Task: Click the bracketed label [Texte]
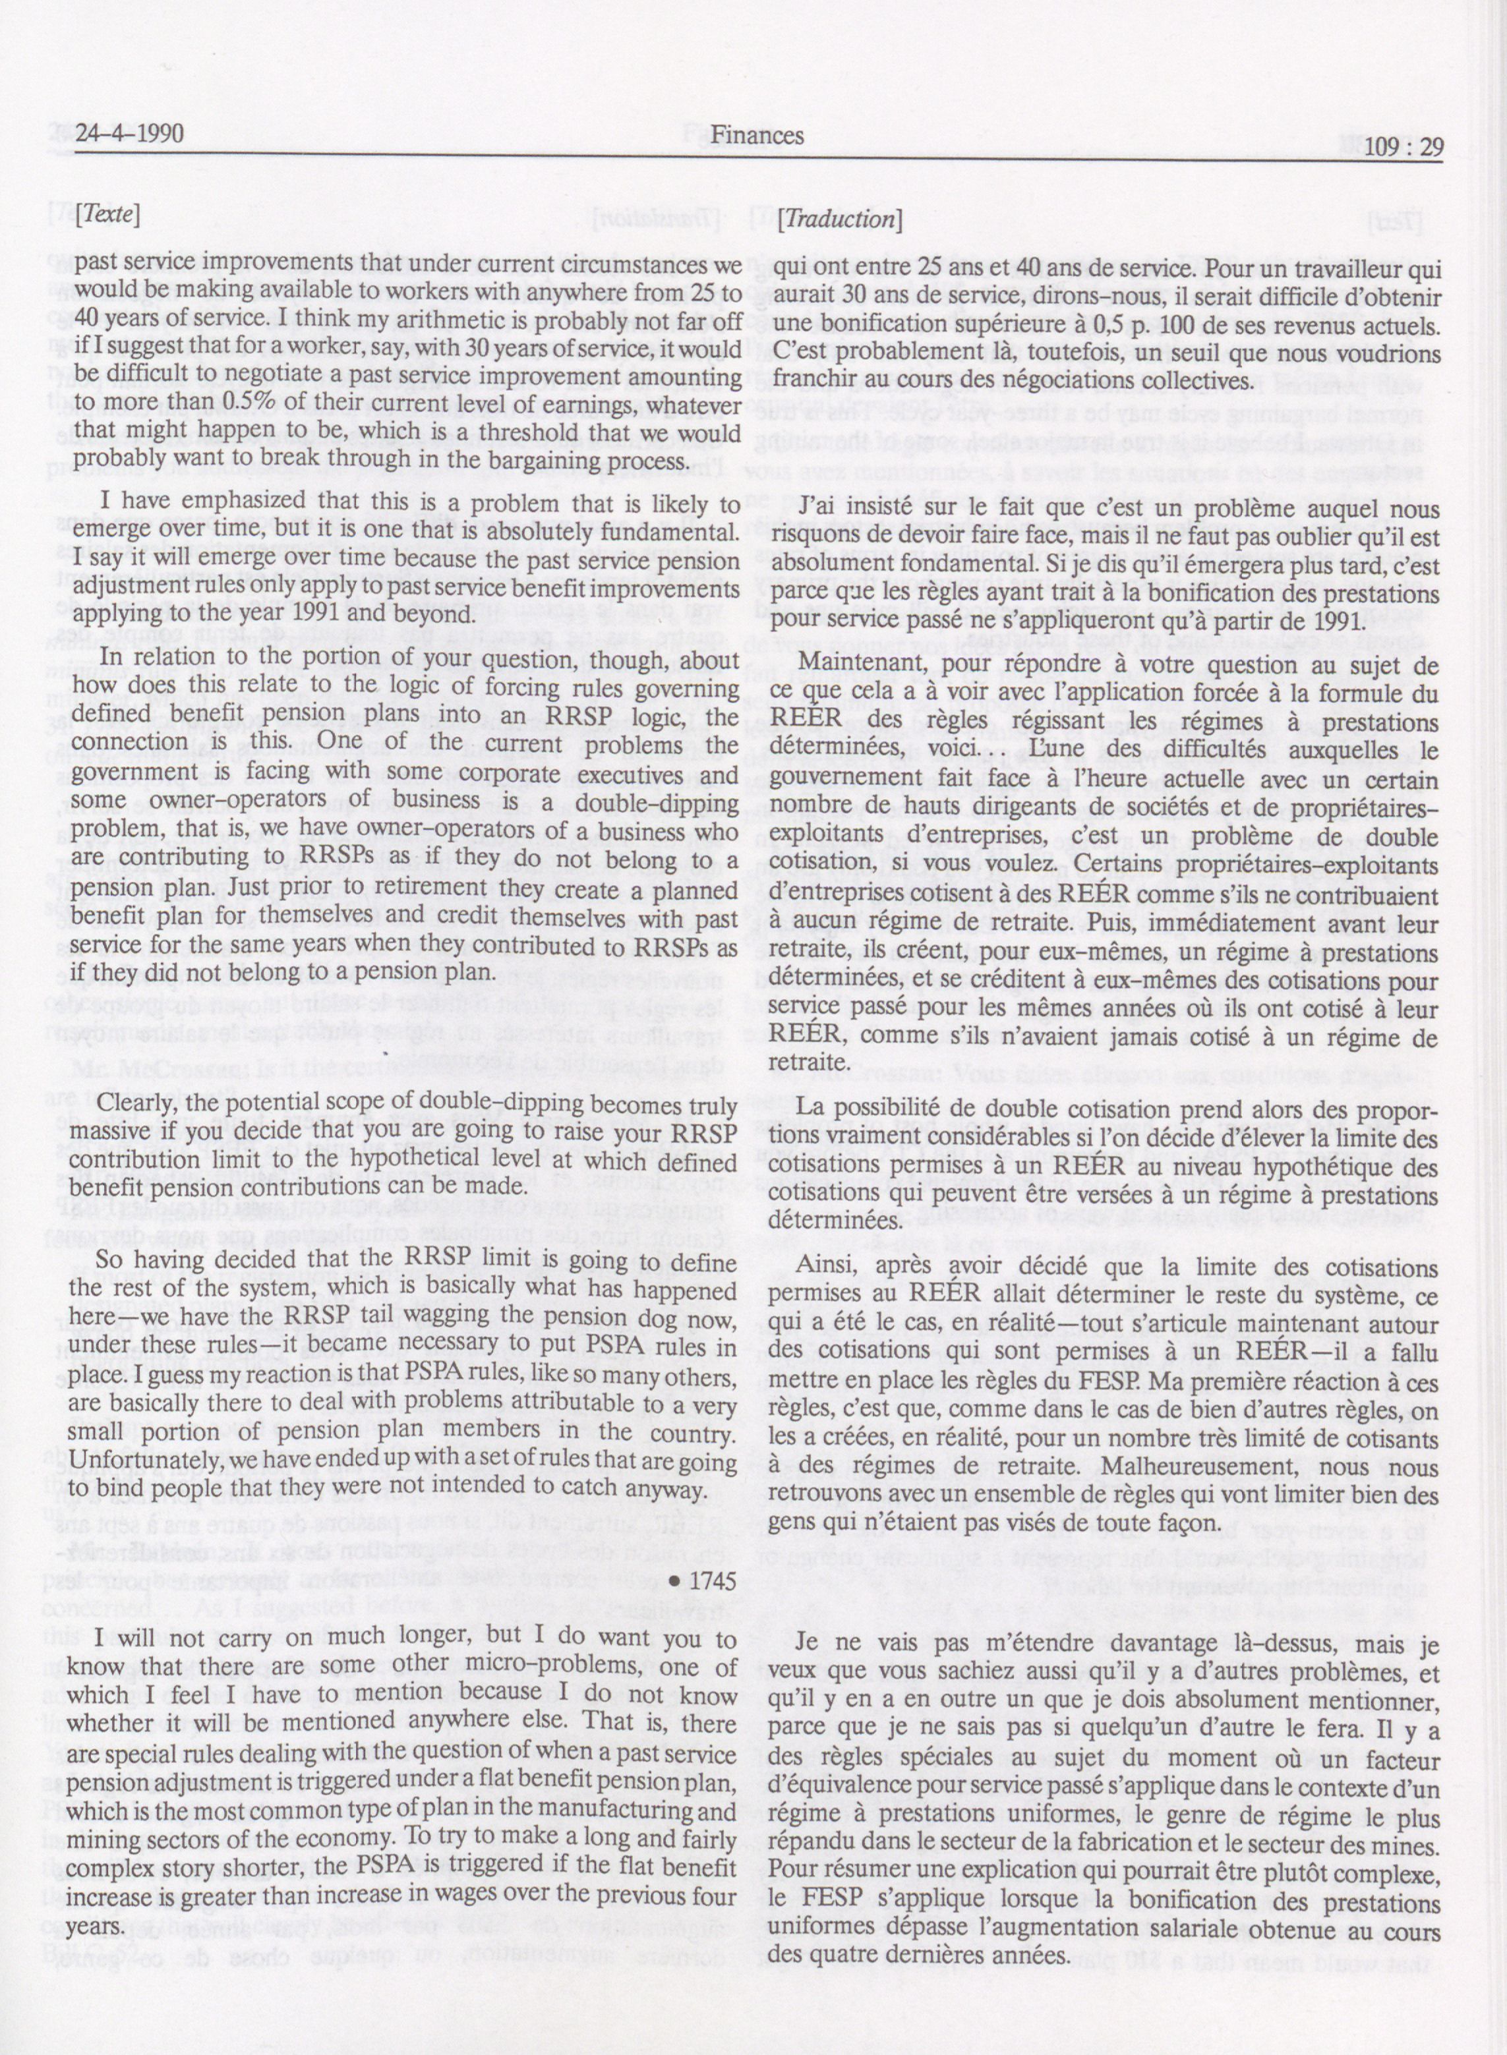pyautogui.click(x=107, y=216)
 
